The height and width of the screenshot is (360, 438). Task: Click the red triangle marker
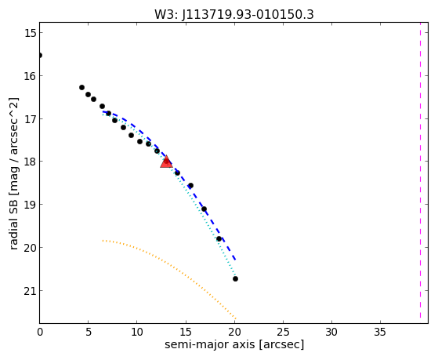166,162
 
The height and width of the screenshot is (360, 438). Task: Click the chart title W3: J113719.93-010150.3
234,14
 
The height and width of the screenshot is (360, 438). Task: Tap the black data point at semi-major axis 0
40,55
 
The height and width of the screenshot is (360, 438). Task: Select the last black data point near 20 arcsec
236,278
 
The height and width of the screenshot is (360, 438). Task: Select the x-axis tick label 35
380,332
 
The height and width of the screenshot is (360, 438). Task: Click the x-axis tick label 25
283,332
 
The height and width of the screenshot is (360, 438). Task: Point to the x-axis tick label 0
40,332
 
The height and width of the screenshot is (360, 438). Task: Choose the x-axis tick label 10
137,332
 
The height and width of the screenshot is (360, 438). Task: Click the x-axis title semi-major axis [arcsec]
234,344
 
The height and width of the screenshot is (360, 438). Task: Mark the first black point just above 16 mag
81,88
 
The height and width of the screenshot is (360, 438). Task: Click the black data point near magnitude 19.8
219,239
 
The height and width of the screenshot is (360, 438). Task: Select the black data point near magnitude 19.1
205,209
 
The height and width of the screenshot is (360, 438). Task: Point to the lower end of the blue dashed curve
236,260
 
